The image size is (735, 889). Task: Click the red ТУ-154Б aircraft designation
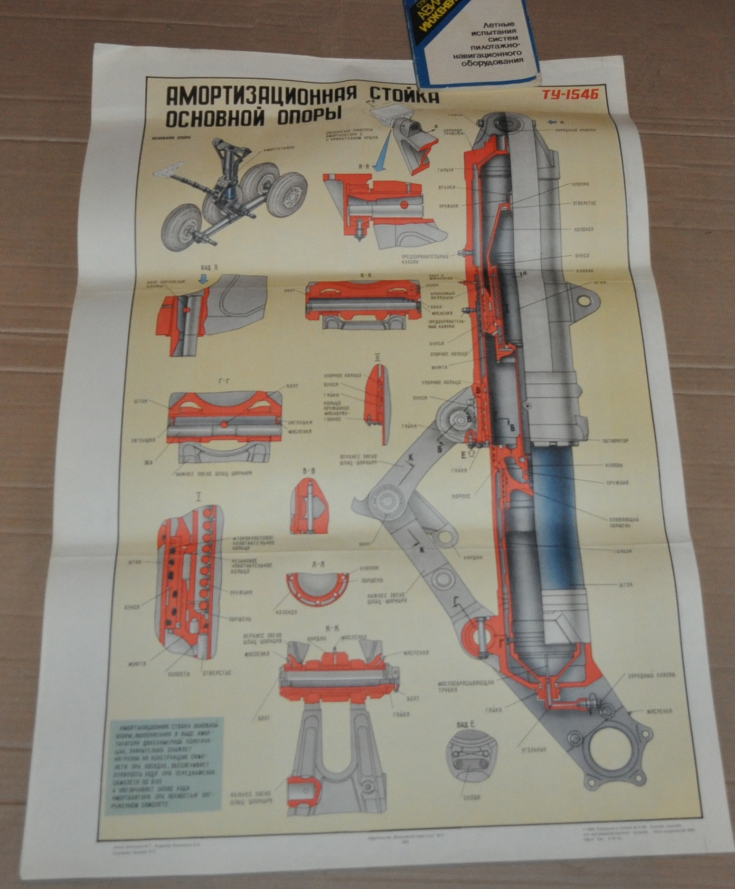pos(570,95)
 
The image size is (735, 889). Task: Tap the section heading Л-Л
pos(318,564)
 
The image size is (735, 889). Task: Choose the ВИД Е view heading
pos(466,725)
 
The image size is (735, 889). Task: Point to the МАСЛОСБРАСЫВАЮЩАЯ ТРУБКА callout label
pos(465,686)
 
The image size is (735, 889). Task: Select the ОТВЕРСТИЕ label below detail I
pos(216,673)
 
